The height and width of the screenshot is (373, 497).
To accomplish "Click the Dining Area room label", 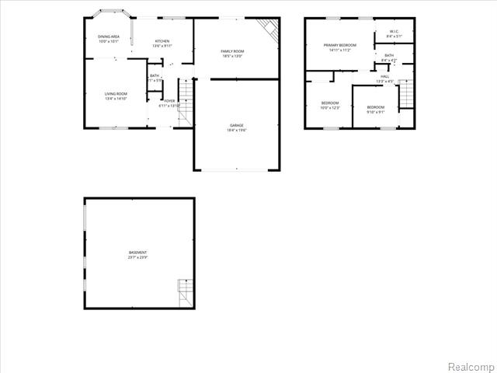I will [109, 37].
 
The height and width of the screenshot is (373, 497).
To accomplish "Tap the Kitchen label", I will [162, 41].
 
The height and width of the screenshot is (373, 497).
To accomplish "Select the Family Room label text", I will [232, 51].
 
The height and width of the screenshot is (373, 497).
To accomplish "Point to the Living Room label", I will [116, 94].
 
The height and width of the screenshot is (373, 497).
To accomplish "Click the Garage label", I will [236, 125].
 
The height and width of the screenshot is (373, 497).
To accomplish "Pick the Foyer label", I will [169, 101].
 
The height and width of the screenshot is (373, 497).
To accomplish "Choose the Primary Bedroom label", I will [340, 46].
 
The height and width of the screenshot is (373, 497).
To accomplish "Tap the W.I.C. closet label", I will [394, 32].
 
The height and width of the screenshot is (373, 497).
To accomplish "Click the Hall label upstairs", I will [384, 76].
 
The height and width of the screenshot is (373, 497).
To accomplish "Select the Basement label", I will [137, 253].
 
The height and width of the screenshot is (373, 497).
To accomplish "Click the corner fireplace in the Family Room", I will [269, 29].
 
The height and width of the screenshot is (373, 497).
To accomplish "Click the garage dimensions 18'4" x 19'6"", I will [236, 131].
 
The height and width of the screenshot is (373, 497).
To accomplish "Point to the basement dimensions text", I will [137, 258].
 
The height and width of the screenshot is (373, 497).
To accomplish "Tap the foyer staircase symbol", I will [185, 114].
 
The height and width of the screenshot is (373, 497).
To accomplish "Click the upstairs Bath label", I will [388, 55].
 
